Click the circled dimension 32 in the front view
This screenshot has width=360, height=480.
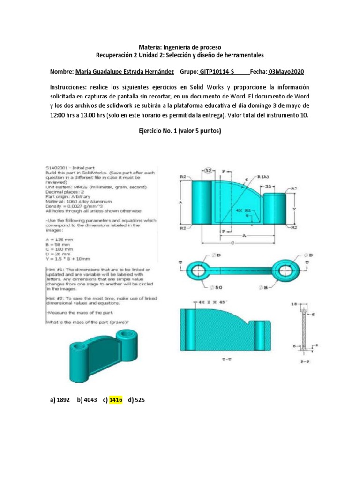209,171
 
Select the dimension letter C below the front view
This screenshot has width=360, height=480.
233,243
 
